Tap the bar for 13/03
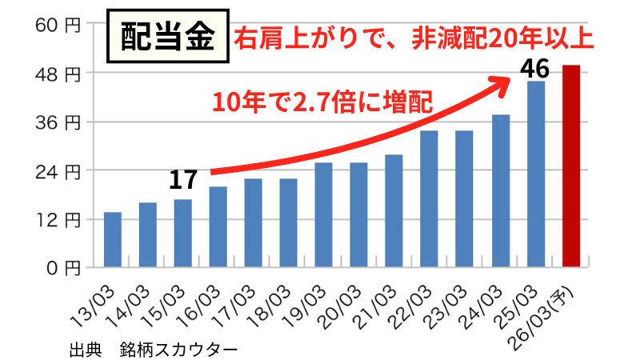coord(113,239)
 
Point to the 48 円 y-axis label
coord(58,74)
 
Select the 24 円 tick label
coord(58,170)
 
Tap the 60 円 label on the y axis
coord(58,25)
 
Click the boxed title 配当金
coord(169,35)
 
